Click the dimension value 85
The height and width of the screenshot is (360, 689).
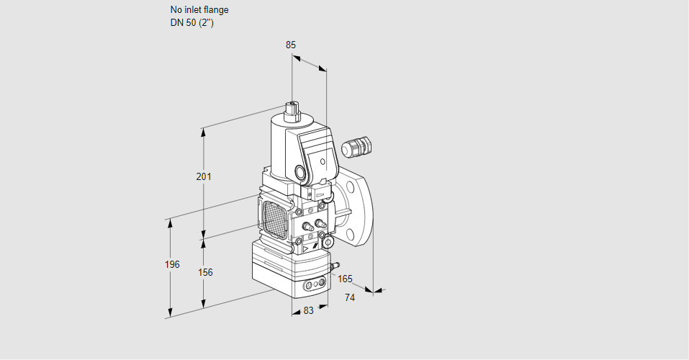(290, 45)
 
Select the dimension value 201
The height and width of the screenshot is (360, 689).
(204, 177)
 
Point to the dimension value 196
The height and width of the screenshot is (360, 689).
(171, 264)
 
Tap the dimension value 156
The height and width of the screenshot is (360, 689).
(205, 272)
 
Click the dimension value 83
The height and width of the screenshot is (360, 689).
(308, 311)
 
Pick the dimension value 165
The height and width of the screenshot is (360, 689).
(346, 279)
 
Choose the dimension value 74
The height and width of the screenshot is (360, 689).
(350, 297)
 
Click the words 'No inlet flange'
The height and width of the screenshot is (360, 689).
(199, 10)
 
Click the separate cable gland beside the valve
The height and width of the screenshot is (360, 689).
(356, 146)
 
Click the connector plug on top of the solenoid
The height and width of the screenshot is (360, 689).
(292, 110)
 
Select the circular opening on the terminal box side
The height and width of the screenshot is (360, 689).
(300, 173)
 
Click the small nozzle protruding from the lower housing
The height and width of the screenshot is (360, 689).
(333, 266)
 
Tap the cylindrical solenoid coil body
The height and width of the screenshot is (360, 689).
(276, 144)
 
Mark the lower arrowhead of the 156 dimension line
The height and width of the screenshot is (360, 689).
(204, 303)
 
